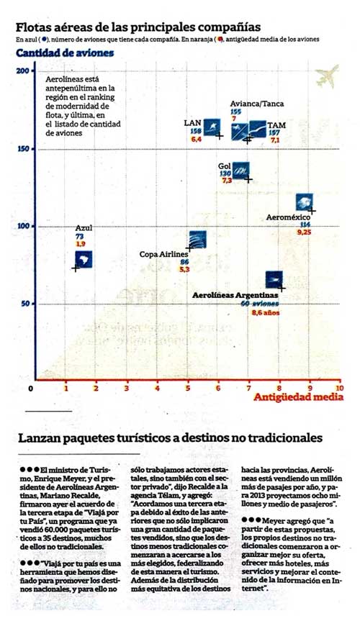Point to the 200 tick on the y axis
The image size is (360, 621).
point(24,71)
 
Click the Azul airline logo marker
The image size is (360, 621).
point(84,259)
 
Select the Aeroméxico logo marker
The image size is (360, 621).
point(304,202)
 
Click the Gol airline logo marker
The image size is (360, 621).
point(242,170)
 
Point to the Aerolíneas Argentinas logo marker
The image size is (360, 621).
point(274,279)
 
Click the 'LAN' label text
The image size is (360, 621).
point(193,124)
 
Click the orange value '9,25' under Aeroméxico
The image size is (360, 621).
point(305,232)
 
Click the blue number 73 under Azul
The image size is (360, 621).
point(79,236)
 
